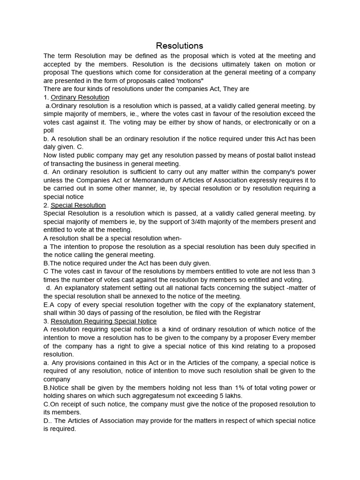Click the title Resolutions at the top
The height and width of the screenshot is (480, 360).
click(180, 45)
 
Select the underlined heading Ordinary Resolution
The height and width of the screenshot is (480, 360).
click(80, 97)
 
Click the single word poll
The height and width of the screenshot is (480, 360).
click(49, 130)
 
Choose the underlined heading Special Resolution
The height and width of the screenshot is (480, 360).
click(78, 205)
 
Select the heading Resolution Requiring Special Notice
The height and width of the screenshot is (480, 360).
click(104, 321)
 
